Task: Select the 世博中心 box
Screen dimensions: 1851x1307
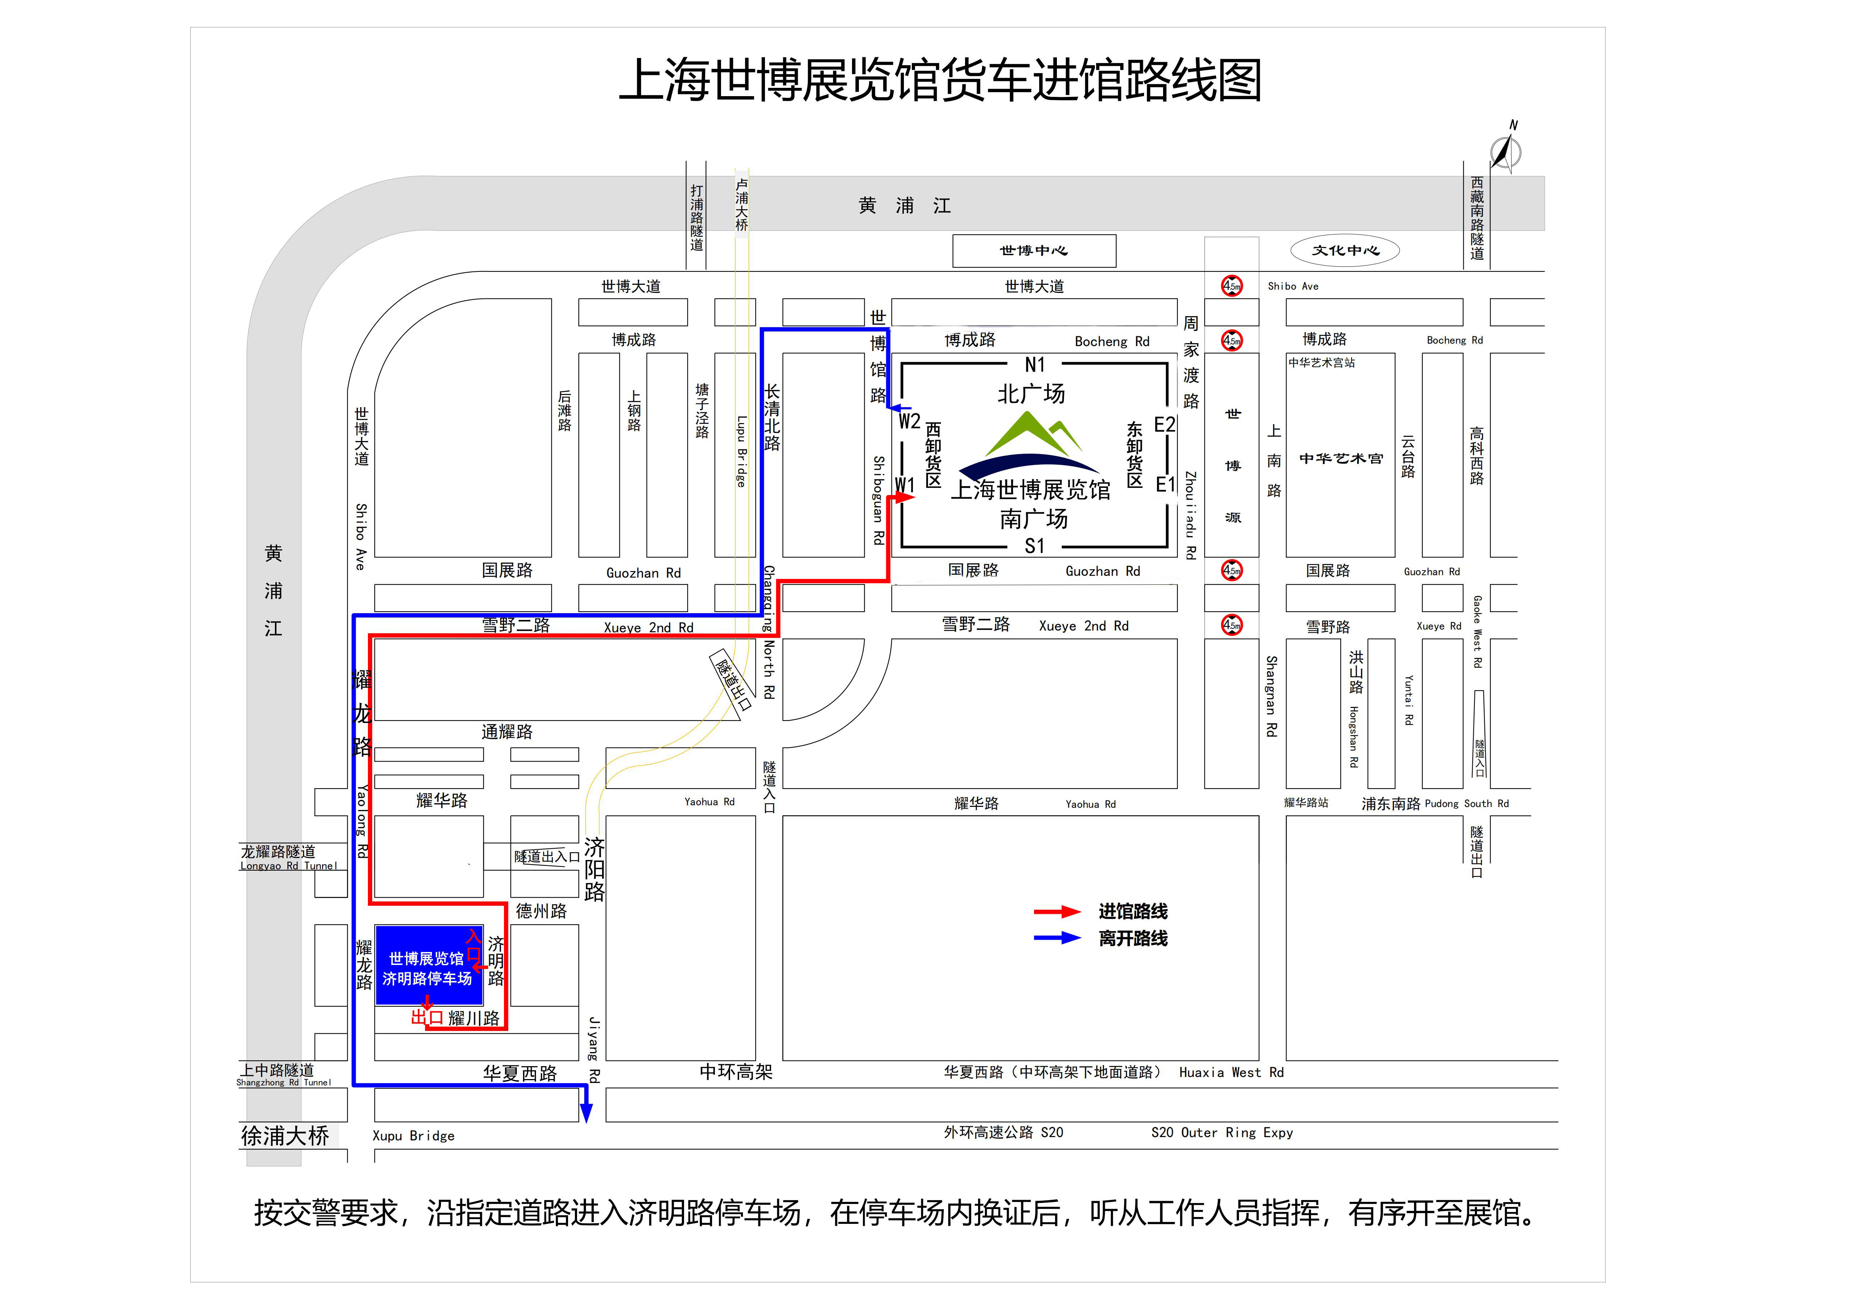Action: click(x=1034, y=251)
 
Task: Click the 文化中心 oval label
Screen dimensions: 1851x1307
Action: click(x=1345, y=250)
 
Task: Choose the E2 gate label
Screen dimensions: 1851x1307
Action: click(x=1165, y=424)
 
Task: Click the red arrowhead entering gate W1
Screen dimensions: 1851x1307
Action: click(x=905, y=498)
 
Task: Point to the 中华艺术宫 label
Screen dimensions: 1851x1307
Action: click(x=1341, y=459)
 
